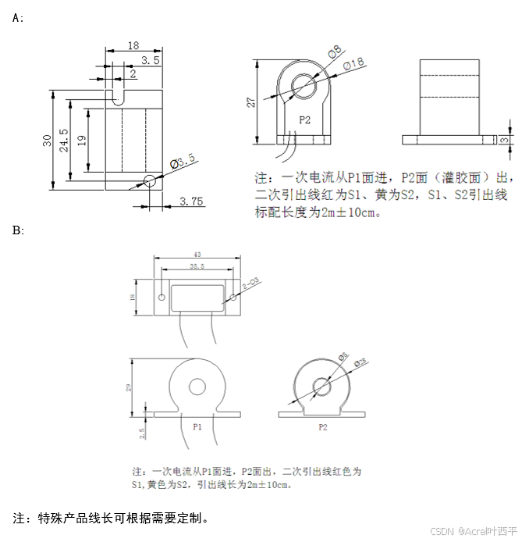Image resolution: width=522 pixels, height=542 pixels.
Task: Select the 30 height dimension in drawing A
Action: [x=47, y=141]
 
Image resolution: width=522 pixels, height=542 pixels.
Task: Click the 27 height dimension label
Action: [x=250, y=102]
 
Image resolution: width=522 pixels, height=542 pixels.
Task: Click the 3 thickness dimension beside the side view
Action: [x=505, y=141]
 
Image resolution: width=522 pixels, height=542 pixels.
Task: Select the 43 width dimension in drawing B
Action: [x=196, y=255]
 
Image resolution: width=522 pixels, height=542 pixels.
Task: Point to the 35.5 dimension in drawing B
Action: [x=197, y=266]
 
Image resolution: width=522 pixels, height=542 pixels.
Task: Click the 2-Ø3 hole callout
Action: [x=251, y=285]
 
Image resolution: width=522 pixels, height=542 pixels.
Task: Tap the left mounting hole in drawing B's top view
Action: [x=161, y=298]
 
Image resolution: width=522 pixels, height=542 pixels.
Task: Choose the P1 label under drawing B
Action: [x=197, y=427]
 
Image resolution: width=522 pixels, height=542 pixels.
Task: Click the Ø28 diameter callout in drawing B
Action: [x=360, y=362]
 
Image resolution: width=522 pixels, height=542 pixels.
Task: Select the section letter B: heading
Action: [x=19, y=230]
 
